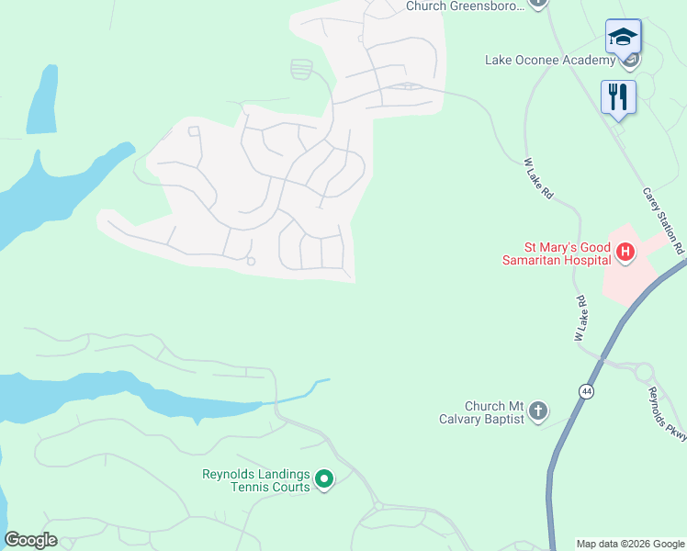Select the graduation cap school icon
pos(623,39)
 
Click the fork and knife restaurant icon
pos(617,96)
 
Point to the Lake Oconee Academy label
pos(549,61)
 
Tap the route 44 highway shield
pos(586,391)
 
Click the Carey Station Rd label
pos(664,220)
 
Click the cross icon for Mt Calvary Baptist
pos(538,410)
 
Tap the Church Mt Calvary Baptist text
pos(493,412)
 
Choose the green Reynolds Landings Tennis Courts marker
pos(323,478)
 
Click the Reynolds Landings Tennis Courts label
pos(256,480)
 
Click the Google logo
pos(30,540)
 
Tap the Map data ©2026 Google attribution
pos(630,544)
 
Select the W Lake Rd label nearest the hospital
pos(580,319)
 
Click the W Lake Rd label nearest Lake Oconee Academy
pos(539,178)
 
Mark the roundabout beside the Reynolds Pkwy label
pos(643,373)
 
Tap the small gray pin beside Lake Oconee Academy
pos(630,62)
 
